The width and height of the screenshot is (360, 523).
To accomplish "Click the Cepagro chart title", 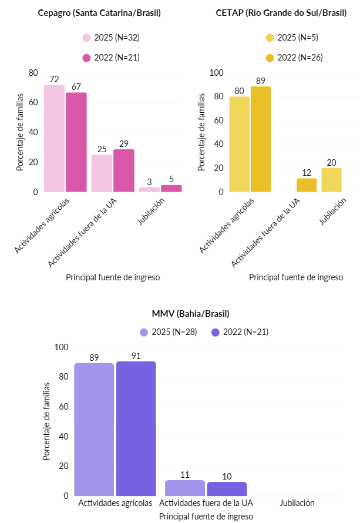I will (99, 13).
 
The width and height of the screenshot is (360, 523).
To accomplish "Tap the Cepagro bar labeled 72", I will (54, 138).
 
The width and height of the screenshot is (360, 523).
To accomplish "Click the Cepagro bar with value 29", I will (124, 170).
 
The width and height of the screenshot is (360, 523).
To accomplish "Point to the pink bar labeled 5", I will (171, 188).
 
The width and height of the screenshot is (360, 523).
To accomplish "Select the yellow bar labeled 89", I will (261, 139).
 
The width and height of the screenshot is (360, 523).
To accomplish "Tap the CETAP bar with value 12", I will (307, 185).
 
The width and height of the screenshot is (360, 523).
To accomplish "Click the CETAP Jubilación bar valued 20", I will (331, 180).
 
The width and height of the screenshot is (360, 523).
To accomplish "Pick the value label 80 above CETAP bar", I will (240, 91).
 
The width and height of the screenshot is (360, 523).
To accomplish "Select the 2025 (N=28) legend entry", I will (168, 332).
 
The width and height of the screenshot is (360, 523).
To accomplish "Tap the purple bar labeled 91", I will (136, 428).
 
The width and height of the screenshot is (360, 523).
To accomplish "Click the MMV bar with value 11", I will (184, 488).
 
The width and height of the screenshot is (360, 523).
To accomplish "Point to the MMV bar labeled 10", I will (227, 489).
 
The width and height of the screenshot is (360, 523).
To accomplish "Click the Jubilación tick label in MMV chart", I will (297, 503).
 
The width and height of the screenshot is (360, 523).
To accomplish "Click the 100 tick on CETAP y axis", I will (217, 72).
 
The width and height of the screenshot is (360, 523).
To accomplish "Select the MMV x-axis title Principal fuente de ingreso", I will (206, 516).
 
